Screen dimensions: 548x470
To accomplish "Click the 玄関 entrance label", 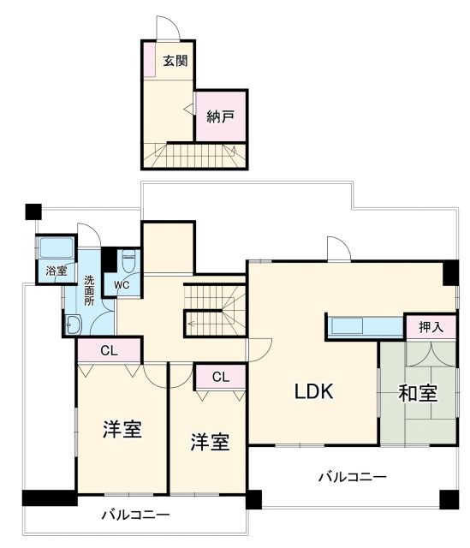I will [x=176, y=63].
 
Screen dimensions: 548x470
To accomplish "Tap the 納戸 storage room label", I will [x=221, y=116].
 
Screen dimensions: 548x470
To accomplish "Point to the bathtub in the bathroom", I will [x=57, y=250].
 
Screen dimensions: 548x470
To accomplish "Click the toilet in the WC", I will [x=128, y=260].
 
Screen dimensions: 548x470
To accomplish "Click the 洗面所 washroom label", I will [x=89, y=291].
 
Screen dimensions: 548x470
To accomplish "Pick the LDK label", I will [x=313, y=391].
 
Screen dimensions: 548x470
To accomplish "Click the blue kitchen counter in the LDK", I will [x=364, y=326].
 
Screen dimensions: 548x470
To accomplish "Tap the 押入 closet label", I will [x=431, y=326].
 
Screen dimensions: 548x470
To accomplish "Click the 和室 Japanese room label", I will [x=418, y=395].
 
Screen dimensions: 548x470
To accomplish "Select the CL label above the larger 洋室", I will [x=109, y=349].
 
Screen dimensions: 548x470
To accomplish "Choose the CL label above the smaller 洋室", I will [x=221, y=376].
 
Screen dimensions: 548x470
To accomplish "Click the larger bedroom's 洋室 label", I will [x=122, y=430].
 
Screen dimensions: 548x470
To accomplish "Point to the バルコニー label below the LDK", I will [x=352, y=477].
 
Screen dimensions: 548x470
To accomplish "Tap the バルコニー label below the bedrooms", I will [x=134, y=515].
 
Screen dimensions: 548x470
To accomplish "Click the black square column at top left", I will [x=33, y=209].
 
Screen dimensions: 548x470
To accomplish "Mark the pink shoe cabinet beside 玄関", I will [x=149, y=61].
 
